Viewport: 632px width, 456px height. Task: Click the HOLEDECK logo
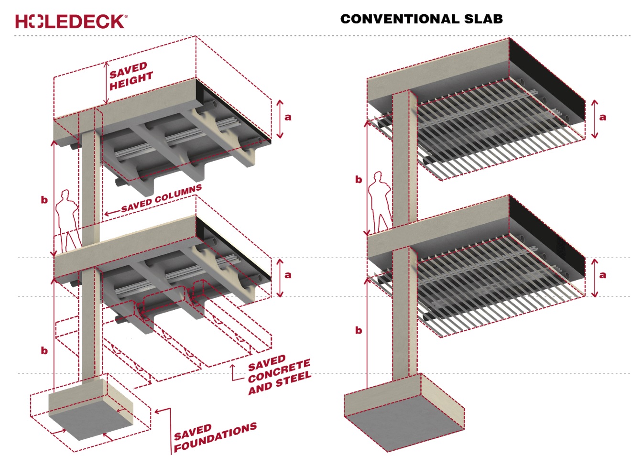(71, 21)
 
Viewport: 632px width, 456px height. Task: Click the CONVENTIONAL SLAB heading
(421, 19)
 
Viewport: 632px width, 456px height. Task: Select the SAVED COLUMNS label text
(162, 198)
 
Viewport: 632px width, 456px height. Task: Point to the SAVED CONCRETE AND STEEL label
(278, 376)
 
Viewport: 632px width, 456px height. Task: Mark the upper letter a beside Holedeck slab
(287, 117)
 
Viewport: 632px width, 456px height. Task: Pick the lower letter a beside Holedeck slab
(287, 275)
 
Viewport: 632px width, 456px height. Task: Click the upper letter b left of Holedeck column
(44, 199)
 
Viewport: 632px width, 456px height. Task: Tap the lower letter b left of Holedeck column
(44, 350)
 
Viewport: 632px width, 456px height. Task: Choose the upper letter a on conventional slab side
(602, 117)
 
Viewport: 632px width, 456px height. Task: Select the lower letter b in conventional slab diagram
(359, 330)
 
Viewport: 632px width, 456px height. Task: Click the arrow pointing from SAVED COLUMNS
(111, 212)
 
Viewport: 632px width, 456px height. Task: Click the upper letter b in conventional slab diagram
(359, 179)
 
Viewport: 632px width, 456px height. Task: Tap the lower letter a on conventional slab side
(602, 275)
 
